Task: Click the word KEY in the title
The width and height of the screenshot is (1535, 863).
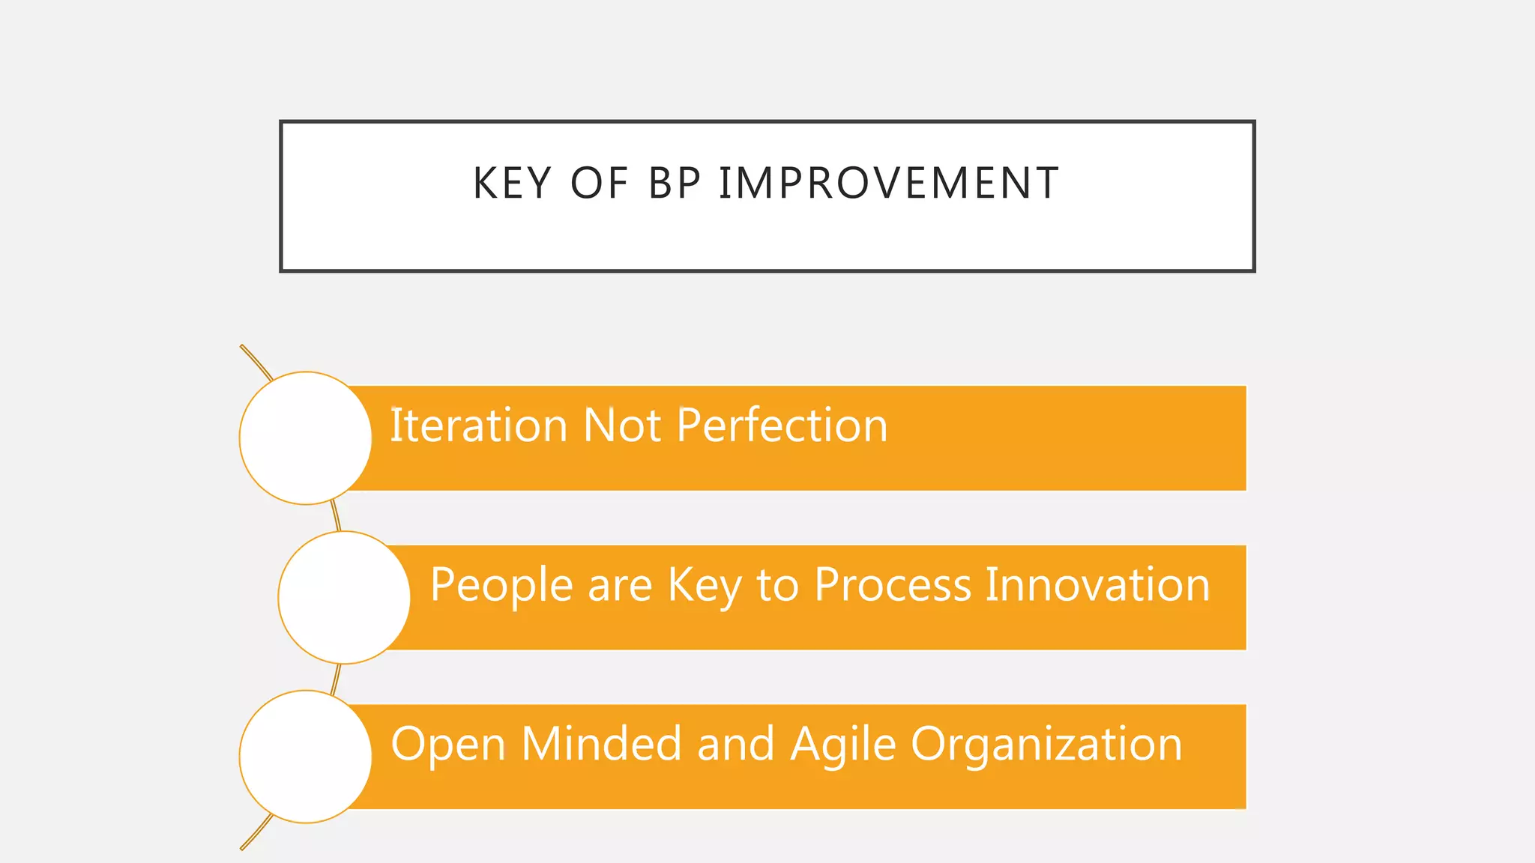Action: (x=512, y=184)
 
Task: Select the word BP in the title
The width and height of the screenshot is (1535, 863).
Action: (x=675, y=184)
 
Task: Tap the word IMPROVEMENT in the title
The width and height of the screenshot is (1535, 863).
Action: (x=889, y=184)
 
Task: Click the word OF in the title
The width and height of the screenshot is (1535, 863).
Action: (x=599, y=184)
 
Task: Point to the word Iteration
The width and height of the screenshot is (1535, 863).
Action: (x=478, y=426)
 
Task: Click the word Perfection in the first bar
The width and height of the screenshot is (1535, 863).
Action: (x=782, y=426)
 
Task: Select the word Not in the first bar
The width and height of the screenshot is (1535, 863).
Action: (x=621, y=426)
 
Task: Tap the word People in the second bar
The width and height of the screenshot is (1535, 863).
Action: (x=501, y=586)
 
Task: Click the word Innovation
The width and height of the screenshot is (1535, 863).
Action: (x=1097, y=584)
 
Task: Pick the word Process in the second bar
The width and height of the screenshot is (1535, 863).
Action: (x=893, y=584)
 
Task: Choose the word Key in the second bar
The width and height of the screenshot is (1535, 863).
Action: (x=705, y=586)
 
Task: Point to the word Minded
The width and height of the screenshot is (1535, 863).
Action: (x=601, y=744)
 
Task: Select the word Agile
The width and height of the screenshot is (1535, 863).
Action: (x=843, y=745)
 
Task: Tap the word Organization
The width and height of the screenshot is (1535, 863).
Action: (x=1046, y=745)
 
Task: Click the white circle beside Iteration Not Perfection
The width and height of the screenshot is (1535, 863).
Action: (x=306, y=438)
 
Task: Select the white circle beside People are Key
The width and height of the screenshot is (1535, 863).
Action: (x=344, y=598)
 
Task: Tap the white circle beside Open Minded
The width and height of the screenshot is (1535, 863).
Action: (x=306, y=757)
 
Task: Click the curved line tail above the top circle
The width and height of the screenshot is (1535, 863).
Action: (x=255, y=361)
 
